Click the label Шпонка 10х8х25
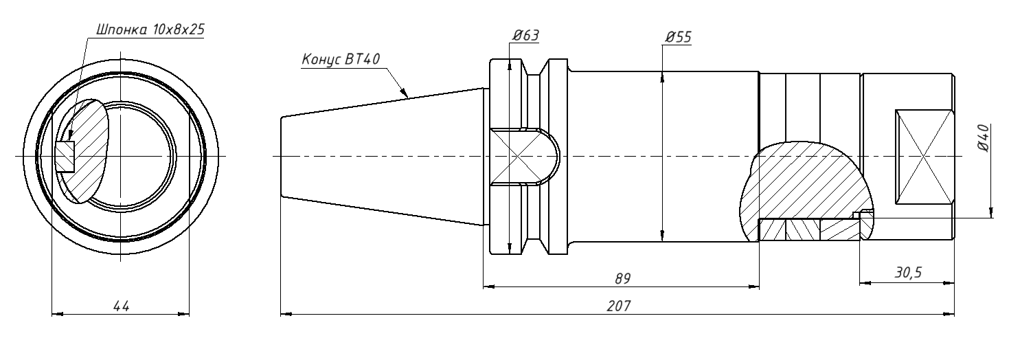click(x=152, y=30)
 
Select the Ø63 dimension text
click(x=525, y=36)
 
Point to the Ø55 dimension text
click(x=678, y=36)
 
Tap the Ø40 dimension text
click(x=981, y=138)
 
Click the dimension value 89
click(x=622, y=278)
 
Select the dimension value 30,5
click(x=908, y=273)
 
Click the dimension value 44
click(x=121, y=305)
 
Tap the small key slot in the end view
click(x=66, y=156)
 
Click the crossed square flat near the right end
click(x=924, y=156)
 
